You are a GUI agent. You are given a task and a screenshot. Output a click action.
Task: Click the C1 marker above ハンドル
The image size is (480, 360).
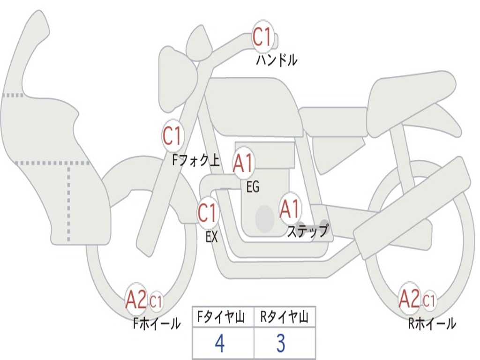pyautogui.click(x=262, y=37)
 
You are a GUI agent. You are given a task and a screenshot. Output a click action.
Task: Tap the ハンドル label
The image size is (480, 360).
pyautogui.click(x=277, y=60)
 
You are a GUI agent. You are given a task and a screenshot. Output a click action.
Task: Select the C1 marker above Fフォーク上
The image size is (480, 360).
pyautogui.click(x=172, y=136)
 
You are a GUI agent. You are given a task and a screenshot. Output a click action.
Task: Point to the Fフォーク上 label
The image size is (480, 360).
pyautogui.click(x=196, y=160)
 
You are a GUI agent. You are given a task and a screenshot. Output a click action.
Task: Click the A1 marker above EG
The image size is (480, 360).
pyautogui.click(x=243, y=163)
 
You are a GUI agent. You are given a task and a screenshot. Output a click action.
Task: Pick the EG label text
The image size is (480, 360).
pyautogui.click(x=253, y=187)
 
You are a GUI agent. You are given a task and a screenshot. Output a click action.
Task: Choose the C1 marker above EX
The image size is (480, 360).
pyautogui.click(x=208, y=213)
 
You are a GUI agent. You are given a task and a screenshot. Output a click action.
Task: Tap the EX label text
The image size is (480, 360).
pyautogui.click(x=211, y=236)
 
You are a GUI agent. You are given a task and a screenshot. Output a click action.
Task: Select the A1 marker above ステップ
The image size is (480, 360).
pyautogui.click(x=290, y=210)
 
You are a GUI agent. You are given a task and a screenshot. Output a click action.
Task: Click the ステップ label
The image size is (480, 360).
pyautogui.click(x=308, y=231)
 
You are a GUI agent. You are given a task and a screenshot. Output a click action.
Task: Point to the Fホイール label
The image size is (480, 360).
pyautogui.click(x=157, y=323)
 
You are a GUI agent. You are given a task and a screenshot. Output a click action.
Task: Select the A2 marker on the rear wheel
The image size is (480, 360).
pyautogui.click(x=409, y=299)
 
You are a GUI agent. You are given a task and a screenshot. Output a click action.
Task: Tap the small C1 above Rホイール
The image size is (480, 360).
pyautogui.click(x=429, y=300)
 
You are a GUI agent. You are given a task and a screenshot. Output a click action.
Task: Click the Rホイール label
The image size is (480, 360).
pyautogui.click(x=432, y=323)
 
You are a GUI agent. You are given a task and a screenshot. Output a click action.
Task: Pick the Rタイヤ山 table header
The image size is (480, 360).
pyautogui.click(x=285, y=317)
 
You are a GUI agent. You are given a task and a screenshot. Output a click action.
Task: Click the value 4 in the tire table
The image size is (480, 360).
pyautogui.click(x=220, y=343)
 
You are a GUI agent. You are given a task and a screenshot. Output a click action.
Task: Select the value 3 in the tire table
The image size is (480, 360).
pyautogui.click(x=281, y=343)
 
